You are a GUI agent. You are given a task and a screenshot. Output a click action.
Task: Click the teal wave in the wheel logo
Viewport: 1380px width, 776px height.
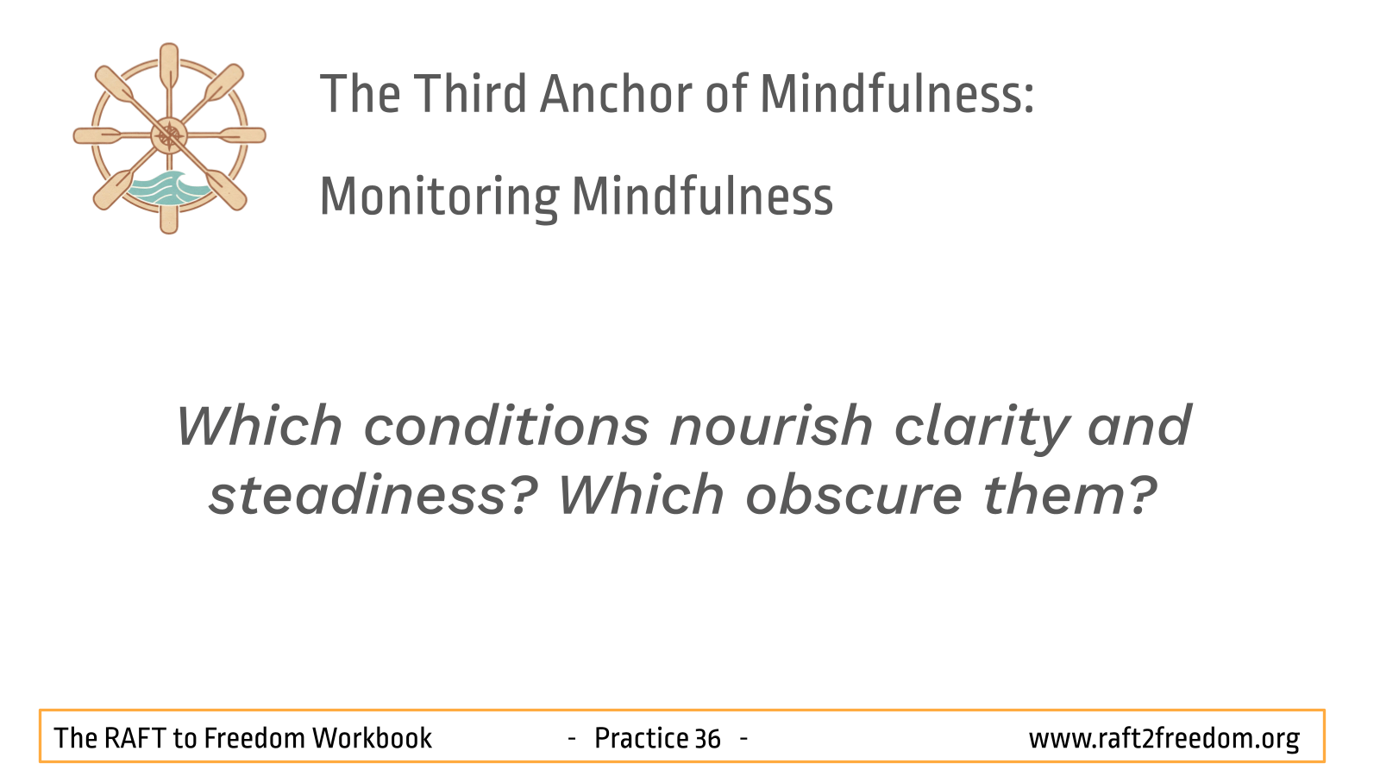point(167,189)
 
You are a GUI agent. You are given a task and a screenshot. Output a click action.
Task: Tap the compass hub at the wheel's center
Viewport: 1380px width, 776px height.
point(169,135)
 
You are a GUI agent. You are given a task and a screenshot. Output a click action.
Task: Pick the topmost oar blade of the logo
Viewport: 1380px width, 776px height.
point(169,65)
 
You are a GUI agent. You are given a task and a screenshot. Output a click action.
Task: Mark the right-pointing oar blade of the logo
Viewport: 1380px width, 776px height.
point(243,135)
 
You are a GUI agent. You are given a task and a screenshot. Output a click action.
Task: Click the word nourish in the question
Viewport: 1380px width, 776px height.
point(772,426)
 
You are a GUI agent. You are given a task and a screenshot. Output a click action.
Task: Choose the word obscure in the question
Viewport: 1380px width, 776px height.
point(854,496)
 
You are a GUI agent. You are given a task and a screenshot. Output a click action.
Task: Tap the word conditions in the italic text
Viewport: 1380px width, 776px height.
point(507,426)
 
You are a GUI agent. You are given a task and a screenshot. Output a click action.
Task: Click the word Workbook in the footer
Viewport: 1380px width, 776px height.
point(372,738)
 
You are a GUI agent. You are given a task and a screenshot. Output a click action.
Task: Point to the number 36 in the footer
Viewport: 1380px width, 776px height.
point(707,739)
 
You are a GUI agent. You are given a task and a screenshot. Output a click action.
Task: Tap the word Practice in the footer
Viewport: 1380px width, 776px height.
point(641,738)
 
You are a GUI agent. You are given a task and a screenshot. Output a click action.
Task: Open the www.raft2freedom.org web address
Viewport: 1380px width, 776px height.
point(1164,739)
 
